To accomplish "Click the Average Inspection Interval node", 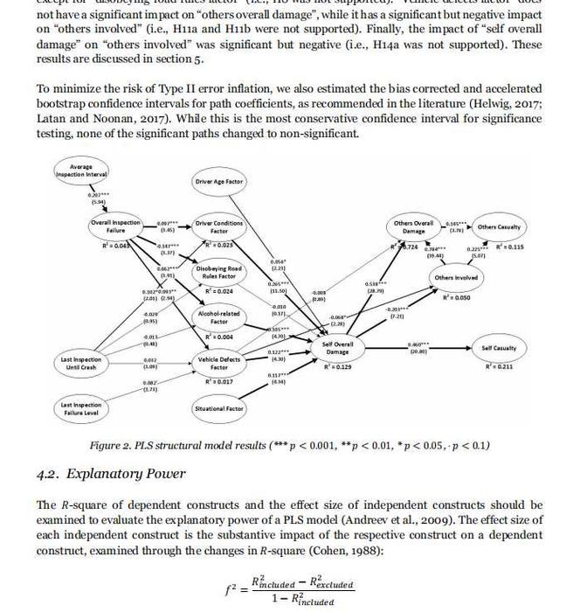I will [x=80, y=171].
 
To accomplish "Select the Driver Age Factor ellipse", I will [x=218, y=182].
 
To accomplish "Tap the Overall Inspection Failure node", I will [x=116, y=227].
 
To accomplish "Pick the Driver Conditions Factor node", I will [x=219, y=227].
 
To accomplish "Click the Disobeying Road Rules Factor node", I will [x=218, y=273].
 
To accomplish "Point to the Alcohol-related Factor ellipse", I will [x=219, y=316].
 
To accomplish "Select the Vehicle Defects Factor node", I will [x=219, y=363].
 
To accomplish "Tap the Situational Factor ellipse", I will [x=218, y=408].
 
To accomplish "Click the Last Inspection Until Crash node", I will [x=80, y=362].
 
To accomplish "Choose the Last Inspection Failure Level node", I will [x=80, y=408].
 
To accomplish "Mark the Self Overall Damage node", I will [x=337, y=347].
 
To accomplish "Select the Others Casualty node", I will [x=499, y=227].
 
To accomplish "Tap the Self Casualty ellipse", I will [x=499, y=348].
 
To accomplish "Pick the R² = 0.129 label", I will [x=340, y=367].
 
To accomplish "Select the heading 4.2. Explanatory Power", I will [x=111, y=473].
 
